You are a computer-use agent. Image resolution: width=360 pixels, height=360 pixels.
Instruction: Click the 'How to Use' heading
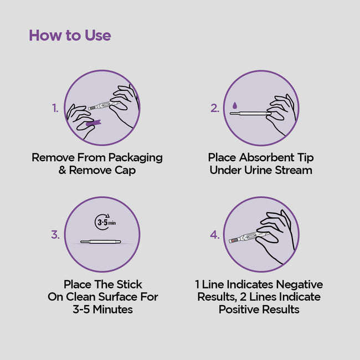pyautogui.click(x=70, y=35)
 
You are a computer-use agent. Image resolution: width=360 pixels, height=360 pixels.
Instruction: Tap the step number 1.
pyautogui.click(x=55, y=108)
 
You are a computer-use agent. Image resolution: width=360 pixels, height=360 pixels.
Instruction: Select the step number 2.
pyautogui.click(x=215, y=108)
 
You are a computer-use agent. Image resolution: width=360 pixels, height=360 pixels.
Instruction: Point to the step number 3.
pyautogui.click(x=55, y=235)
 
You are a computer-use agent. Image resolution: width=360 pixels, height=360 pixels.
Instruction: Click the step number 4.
pyautogui.click(x=215, y=235)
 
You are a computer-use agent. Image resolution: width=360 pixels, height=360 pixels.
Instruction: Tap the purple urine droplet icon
pyautogui.click(x=234, y=105)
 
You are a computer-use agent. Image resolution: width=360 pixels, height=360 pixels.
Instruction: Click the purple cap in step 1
pyautogui.click(x=94, y=123)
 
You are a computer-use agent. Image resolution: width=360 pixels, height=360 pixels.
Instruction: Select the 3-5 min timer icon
pyautogui.click(x=105, y=222)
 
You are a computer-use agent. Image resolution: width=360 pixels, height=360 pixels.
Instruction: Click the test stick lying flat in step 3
pyautogui.click(x=101, y=241)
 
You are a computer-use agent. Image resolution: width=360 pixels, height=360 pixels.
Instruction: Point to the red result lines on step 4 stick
pyautogui.click(x=234, y=240)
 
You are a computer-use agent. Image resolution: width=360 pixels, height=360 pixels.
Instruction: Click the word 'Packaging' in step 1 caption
pyautogui.click(x=136, y=158)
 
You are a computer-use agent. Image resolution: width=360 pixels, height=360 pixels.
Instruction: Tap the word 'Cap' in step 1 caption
pyautogui.click(x=125, y=171)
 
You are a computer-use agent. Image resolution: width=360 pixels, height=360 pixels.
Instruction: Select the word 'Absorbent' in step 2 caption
pyautogui.click(x=266, y=157)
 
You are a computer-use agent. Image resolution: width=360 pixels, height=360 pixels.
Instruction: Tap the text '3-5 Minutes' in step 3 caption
pyautogui.click(x=102, y=309)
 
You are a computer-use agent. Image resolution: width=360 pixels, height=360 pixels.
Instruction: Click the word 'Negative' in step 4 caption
pyautogui.click(x=300, y=285)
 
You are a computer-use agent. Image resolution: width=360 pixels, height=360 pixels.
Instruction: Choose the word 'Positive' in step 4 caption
pyautogui.click(x=239, y=309)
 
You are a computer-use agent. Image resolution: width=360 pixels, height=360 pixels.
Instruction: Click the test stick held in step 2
pyautogui.click(x=250, y=113)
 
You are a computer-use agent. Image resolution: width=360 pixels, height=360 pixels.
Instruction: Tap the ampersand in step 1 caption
pyautogui.click(x=62, y=171)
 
